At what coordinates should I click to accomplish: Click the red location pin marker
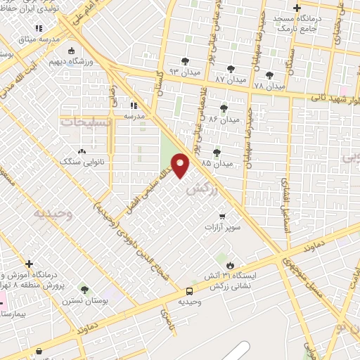[181, 165]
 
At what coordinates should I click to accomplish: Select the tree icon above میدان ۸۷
[231, 68]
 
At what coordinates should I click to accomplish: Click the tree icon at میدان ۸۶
[224, 108]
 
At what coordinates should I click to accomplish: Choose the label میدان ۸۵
[216, 163]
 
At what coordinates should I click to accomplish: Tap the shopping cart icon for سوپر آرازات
[223, 216]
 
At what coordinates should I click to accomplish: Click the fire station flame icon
[229, 264]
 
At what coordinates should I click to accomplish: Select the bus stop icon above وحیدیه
[189, 291]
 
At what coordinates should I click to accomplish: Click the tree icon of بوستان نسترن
[84, 290]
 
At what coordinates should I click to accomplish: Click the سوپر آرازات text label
[222, 228]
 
